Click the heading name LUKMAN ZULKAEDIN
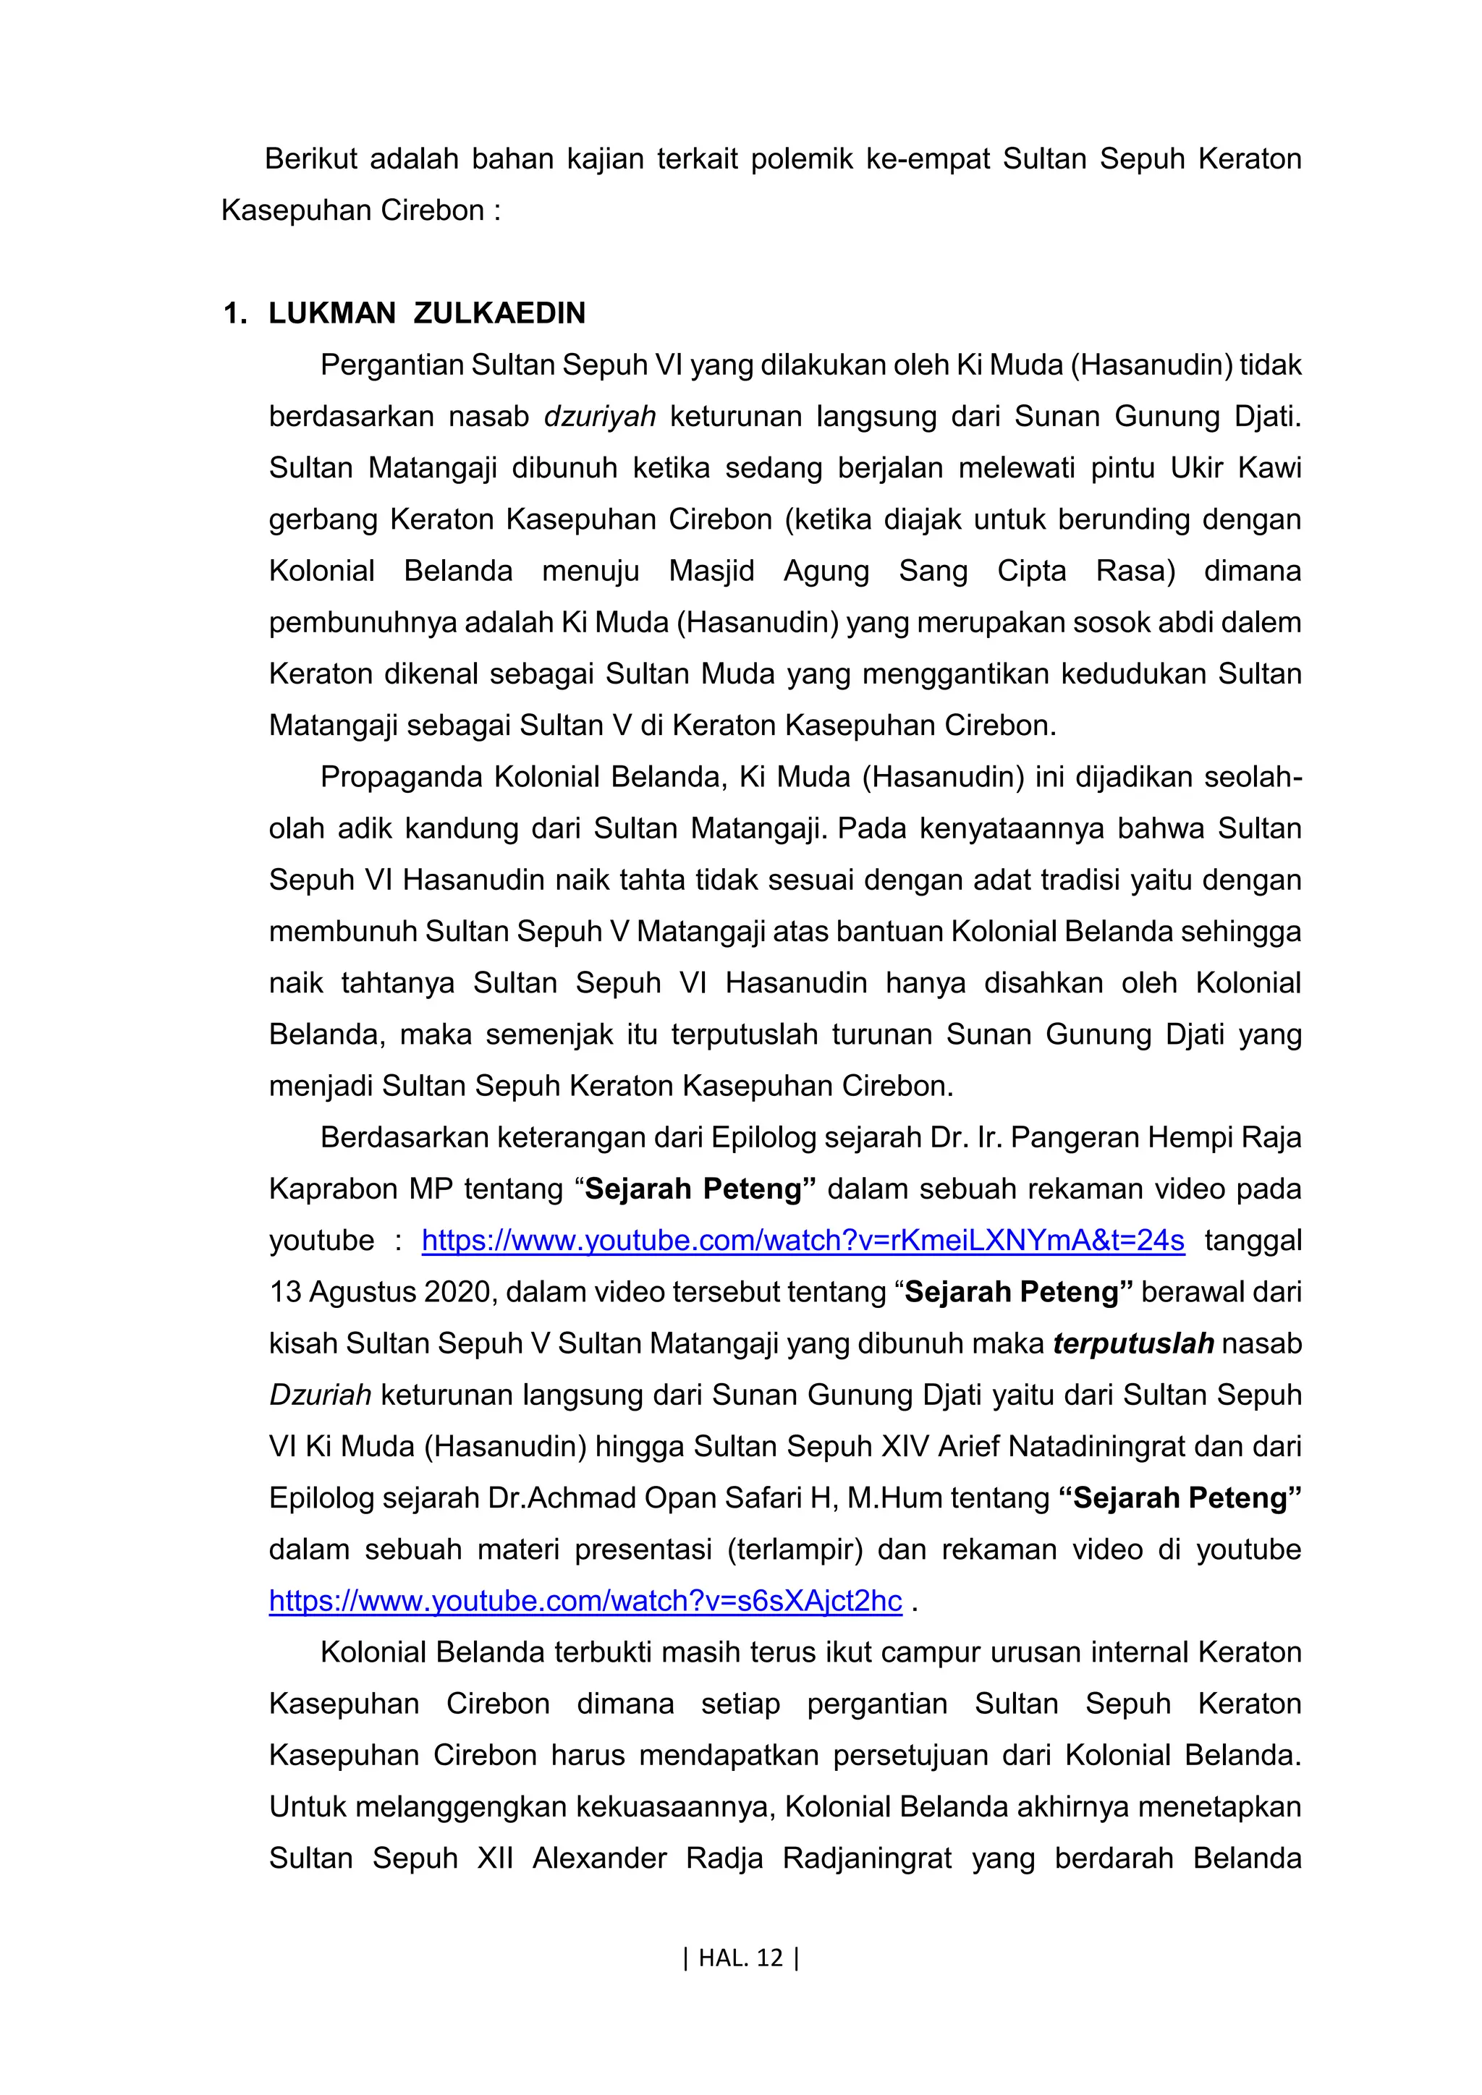point(426,313)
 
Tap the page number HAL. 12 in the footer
point(740,1958)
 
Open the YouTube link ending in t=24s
point(803,1240)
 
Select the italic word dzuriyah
point(600,416)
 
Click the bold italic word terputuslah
point(1133,1343)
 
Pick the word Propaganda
point(401,776)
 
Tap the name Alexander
point(600,1858)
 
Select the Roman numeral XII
point(495,1858)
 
